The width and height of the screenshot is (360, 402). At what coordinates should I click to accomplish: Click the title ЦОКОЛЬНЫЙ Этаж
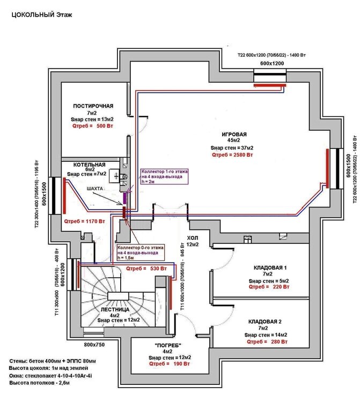coord(42,15)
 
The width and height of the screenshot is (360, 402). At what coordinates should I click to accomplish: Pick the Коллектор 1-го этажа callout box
coord(161,176)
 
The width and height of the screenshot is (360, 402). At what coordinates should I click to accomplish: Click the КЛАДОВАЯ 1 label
coord(271,267)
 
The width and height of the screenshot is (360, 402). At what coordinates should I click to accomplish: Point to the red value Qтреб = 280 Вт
coord(267,341)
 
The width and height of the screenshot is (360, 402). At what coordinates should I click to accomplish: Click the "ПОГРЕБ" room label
coord(168,345)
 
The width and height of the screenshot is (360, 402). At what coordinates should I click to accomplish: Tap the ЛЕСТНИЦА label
coord(114,310)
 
